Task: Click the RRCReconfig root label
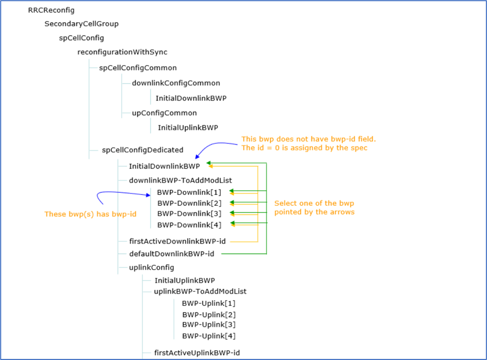(51, 10)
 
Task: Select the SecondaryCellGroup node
(82, 24)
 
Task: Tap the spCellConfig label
(82, 38)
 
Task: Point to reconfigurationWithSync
(122, 52)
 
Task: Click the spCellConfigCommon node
(138, 68)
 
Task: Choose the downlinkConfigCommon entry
(176, 83)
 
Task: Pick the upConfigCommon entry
(164, 113)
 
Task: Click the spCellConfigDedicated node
(142, 150)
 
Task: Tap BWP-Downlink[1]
(189, 192)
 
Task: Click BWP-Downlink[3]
(189, 214)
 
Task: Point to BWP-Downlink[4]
(189, 224)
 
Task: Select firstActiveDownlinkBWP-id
(177, 241)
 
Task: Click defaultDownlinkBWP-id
(172, 254)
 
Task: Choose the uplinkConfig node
(152, 267)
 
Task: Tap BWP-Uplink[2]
(208, 315)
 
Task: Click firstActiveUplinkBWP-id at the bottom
(197, 353)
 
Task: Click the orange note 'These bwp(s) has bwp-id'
(90, 214)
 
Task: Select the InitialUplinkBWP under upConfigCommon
(188, 127)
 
